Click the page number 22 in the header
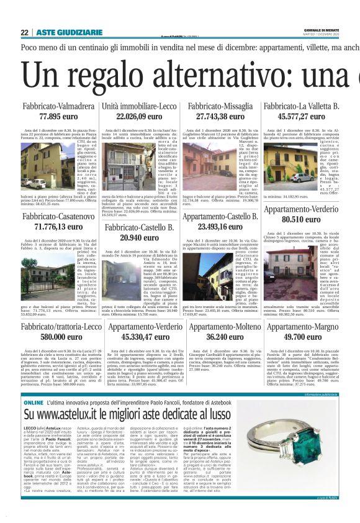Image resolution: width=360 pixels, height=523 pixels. (24, 32)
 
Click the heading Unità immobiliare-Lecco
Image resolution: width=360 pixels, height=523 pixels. (140, 107)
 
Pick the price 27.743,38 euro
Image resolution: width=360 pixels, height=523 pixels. (220, 116)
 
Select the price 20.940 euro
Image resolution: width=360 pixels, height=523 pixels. (140, 237)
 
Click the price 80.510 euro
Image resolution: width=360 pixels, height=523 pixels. (301, 219)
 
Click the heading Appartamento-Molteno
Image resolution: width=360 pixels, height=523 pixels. (220, 326)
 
